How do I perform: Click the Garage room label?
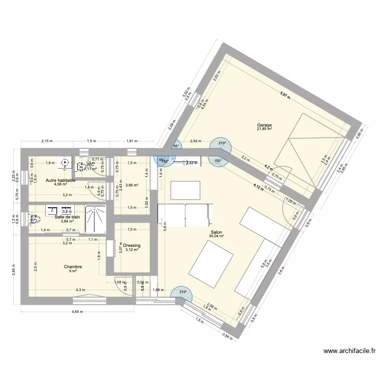pyautogui.click(x=264, y=124)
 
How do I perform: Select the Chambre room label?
pyautogui.click(x=73, y=266)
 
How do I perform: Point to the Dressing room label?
pyautogui.click(x=132, y=245)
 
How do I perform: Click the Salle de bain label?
pyautogui.click(x=67, y=216)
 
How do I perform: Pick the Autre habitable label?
pyautogui.click(x=60, y=180)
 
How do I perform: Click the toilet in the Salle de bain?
pyautogui.click(x=35, y=219)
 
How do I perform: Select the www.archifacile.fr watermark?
pyautogui.click(x=350, y=351)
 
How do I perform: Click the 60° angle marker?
pyautogui.click(x=176, y=146)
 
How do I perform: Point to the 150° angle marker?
pyautogui.click(x=217, y=162)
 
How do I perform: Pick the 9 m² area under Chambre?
pyautogui.click(x=73, y=271)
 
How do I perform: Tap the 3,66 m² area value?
pyautogui.click(x=132, y=185)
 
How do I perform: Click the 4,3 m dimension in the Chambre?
pyautogui.click(x=81, y=290)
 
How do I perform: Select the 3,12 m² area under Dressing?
pyautogui.click(x=132, y=250)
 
